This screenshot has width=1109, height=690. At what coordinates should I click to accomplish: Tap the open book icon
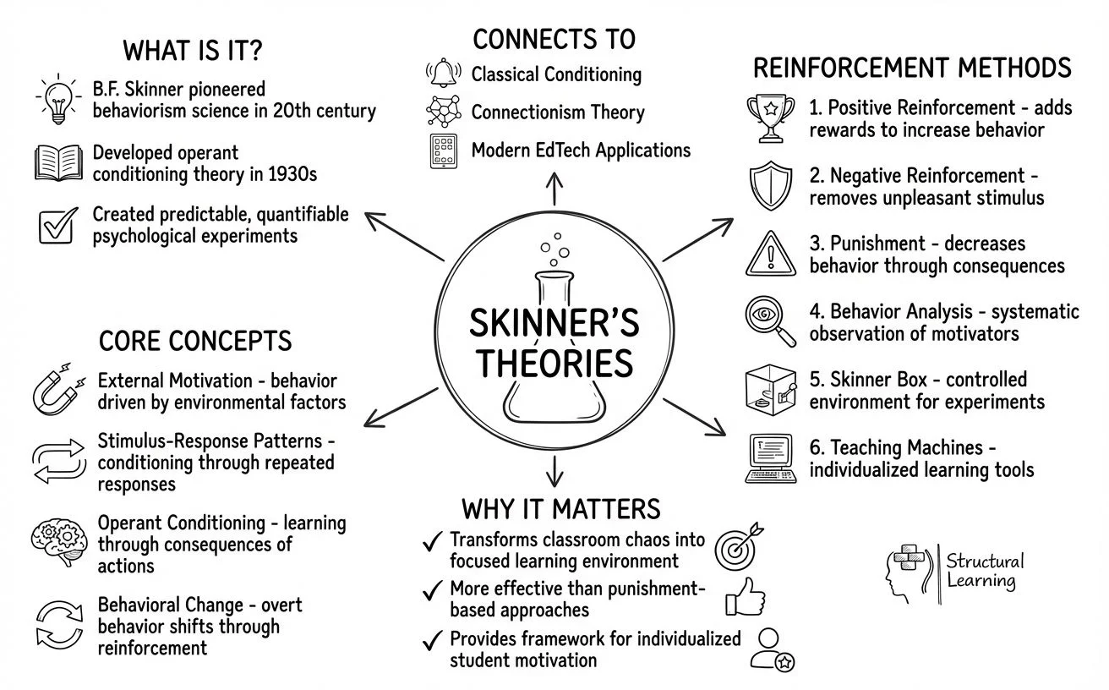tap(59, 162)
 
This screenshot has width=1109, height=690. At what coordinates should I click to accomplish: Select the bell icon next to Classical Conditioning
tap(445, 74)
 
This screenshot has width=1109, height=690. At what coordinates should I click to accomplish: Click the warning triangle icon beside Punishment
tap(769, 254)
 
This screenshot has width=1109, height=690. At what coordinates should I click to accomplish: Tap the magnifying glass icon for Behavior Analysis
tap(769, 320)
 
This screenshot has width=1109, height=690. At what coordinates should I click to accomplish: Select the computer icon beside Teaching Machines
tap(769, 457)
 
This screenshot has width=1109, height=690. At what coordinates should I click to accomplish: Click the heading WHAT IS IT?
tap(193, 51)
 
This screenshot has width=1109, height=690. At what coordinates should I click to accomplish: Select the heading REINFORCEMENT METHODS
tap(911, 68)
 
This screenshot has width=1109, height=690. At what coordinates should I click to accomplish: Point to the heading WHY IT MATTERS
tap(560, 509)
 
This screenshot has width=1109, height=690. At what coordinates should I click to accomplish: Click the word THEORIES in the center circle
tap(554, 363)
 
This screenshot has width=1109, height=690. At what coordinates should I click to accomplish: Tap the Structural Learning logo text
tap(985, 571)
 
